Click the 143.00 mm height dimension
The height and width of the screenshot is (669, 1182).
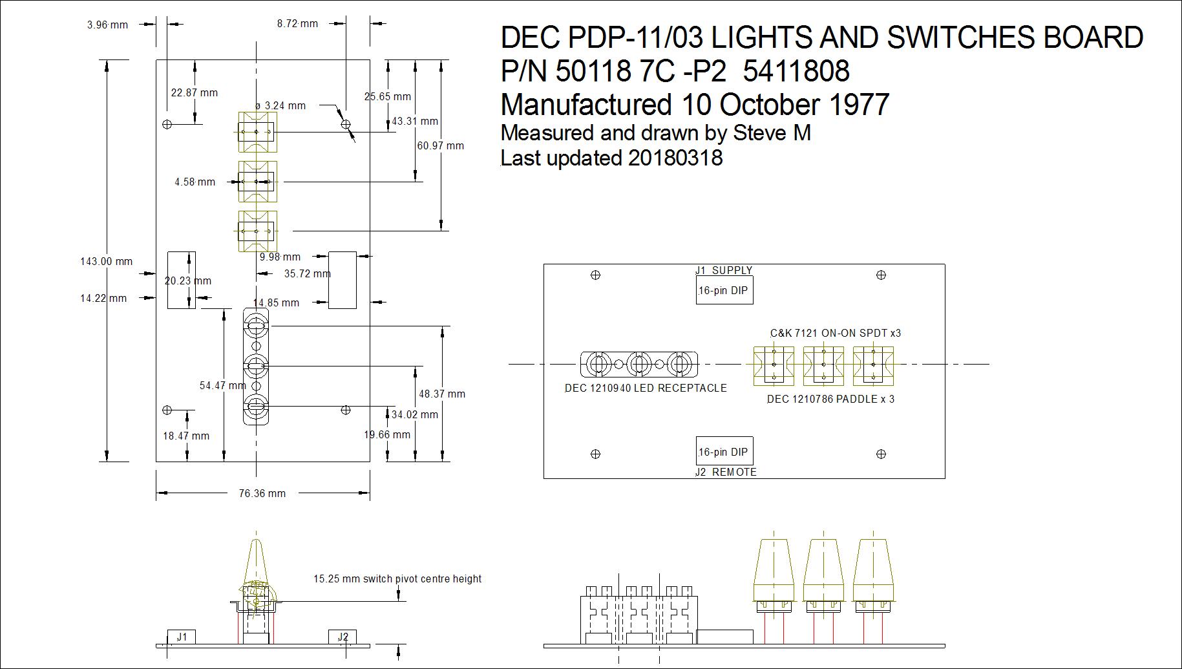(x=107, y=261)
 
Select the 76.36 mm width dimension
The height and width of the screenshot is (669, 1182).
(x=262, y=493)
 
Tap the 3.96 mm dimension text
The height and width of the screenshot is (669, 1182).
(x=108, y=25)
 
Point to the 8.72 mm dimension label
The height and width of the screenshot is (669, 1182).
(x=298, y=23)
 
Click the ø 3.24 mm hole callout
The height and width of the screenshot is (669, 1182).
(x=280, y=105)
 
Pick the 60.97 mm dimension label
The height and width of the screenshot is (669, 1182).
(x=441, y=145)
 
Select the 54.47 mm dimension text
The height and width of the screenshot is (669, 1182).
(x=223, y=385)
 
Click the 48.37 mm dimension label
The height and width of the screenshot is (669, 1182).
(x=442, y=394)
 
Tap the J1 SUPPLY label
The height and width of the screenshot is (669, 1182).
(x=724, y=270)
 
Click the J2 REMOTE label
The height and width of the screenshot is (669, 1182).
(x=726, y=472)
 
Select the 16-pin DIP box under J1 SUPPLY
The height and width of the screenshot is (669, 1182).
(x=724, y=290)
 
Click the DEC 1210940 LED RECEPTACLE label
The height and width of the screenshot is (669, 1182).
(x=646, y=388)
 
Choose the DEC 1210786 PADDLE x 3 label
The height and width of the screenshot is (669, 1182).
(x=831, y=399)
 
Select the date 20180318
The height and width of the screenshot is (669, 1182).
(x=675, y=158)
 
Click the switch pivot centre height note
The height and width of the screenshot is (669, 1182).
(x=397, y=579)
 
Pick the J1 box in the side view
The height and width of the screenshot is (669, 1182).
(x=182, y=637)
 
